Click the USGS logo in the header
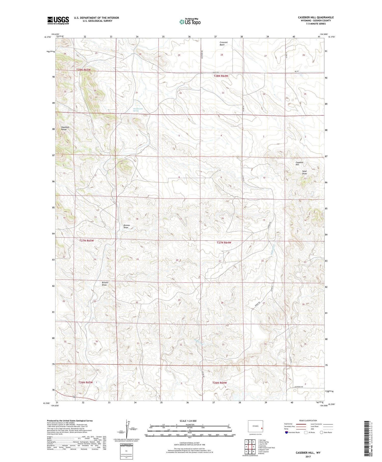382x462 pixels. click(x=58, y=20)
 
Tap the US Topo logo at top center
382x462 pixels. click(x=190, y=22)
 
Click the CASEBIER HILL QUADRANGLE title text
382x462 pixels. click(x=316, y=17)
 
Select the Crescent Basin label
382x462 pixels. click(x=223, y=43)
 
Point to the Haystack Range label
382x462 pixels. click(x=65, y=128)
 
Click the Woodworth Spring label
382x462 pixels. click(x=138, y=110)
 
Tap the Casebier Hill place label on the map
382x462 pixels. click(x=299, y=163)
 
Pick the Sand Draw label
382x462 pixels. click(x=304, y=172)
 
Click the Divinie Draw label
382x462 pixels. click(x=127, y=226)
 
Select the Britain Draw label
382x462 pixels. click(x=105, y=284)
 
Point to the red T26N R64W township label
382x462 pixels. click(x=219, y=383)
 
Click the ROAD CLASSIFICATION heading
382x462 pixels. click(x=308, y=420)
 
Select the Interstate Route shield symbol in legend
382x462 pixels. click(x=286, y=432)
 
